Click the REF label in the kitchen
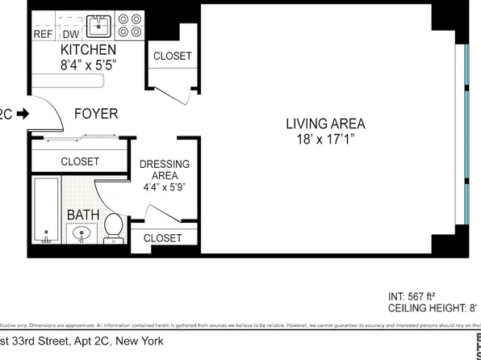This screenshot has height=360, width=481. (x=42, y=34)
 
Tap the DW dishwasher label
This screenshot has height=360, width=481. (x=70, y=34)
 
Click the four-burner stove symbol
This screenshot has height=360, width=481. (x=128, y=25)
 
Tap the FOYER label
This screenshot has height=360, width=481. (x=95, y=114)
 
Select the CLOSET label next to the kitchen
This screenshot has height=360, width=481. (x=173, y=56)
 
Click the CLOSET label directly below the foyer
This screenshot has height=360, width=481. (x=80, y=161)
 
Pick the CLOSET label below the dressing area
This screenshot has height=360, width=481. (x=162, y=238)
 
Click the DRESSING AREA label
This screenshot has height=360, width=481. (x=165, y=170)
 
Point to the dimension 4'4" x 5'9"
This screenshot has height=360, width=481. (x=165, y=187)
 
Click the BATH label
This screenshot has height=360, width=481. (x=82, y=215)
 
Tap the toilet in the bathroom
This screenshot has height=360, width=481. (x=113, y=227)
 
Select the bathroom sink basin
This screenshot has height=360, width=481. (x=81, y=235)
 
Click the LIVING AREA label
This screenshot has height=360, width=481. (x=325, y=123)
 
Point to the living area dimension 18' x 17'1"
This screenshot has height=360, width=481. (x=325, y=140)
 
